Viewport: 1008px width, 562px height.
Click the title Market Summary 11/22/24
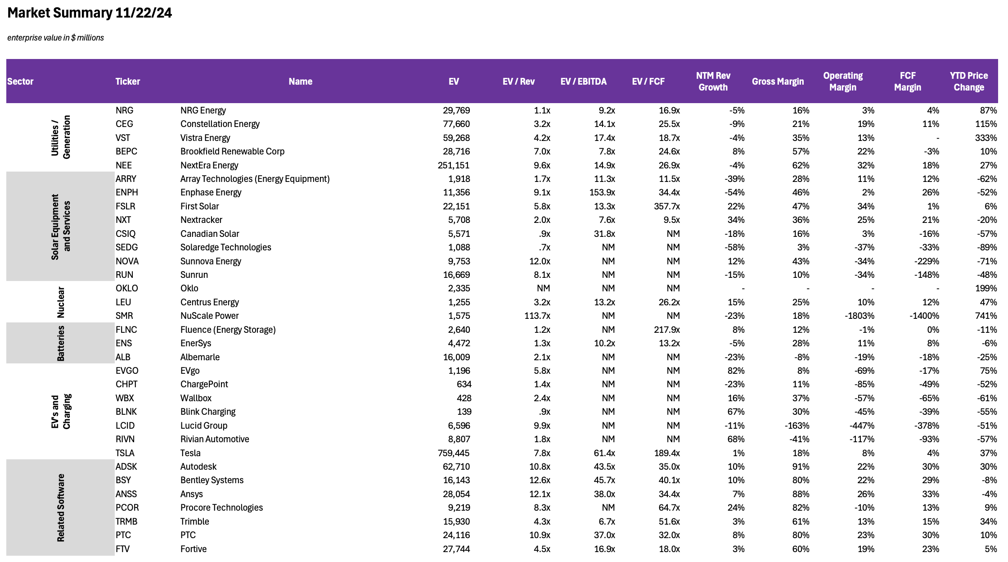[90, 13]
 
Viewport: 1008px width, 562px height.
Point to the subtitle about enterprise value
[55, 38]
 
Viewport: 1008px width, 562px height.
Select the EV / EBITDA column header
[583, 82]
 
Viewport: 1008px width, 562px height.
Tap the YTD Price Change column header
[968, 82]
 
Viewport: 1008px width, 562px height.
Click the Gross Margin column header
[778, 82]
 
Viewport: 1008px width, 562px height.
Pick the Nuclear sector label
[61, 302]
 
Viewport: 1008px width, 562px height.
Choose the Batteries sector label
[61, 343]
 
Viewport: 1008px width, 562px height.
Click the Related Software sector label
[61, 508]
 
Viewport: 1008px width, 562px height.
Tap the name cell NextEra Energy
[209, 165]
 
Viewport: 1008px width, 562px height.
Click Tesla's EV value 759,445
[454, 453]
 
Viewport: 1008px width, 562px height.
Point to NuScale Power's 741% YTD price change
[986, 316]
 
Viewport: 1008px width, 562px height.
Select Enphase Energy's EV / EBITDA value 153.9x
[602, 192]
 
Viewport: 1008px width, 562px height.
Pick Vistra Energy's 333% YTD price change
[986, 138]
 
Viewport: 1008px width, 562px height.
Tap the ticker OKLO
[127, 288]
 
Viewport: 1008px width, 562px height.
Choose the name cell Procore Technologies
[221, 508]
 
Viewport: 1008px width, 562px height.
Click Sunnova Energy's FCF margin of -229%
[927, 261]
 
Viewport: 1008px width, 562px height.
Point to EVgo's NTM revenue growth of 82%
[736, 371]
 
